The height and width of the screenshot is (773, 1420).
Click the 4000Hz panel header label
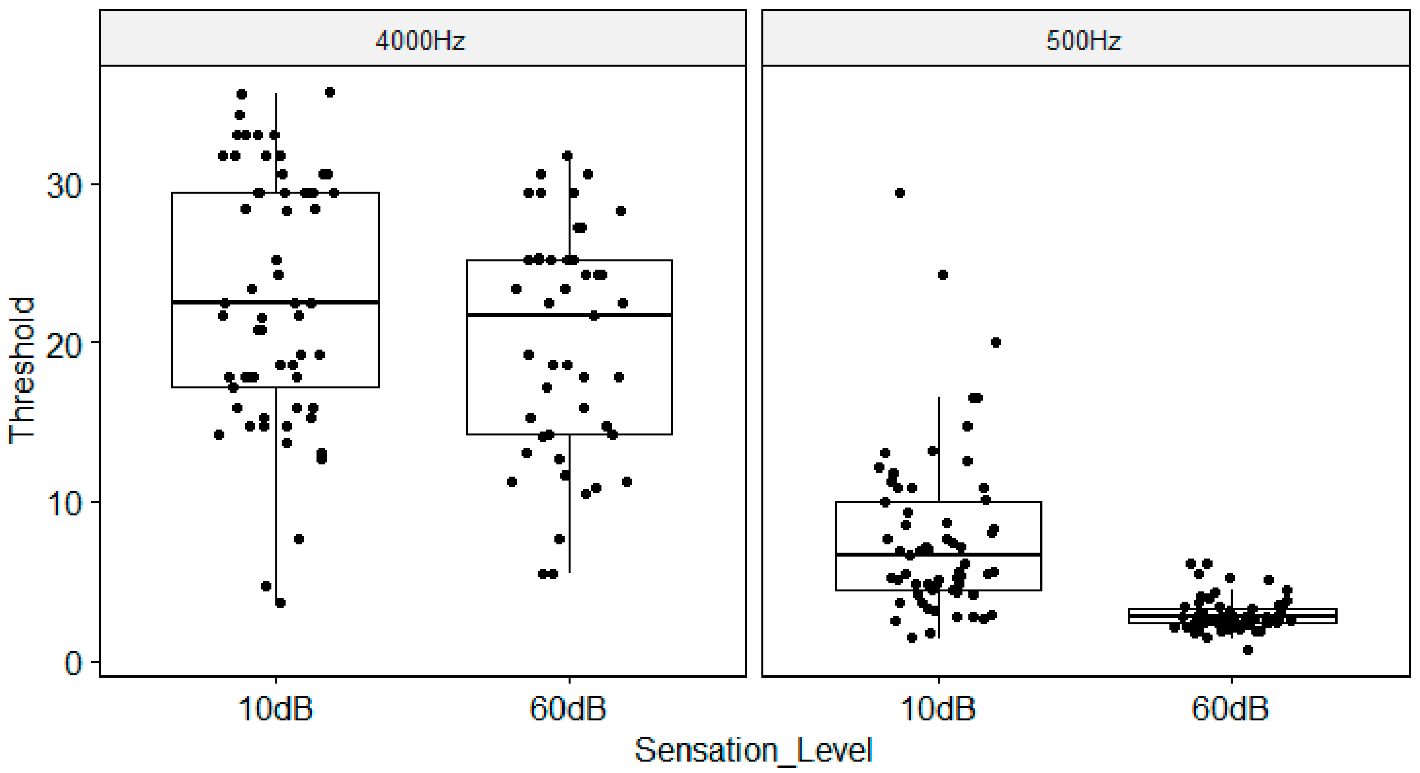click(420, 40)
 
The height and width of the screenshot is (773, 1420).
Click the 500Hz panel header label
click(1084, 40)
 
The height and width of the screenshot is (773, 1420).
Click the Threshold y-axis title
click(22, 370)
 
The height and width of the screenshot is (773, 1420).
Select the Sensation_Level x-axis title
click(754, 750)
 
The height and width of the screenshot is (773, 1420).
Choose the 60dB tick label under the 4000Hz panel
click(568, 708)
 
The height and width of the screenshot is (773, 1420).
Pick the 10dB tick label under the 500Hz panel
click(938, 708)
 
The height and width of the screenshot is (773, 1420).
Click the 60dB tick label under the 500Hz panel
click(1230, 708)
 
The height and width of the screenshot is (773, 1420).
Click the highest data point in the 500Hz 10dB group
click(900, 193)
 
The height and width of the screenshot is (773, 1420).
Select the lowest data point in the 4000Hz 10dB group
click(280, 603)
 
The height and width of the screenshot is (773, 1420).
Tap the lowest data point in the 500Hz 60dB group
click(1248, 650)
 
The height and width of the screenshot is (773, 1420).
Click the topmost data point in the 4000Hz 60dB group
click(567, 155)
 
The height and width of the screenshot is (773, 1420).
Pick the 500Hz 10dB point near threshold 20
click(995, 343)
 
